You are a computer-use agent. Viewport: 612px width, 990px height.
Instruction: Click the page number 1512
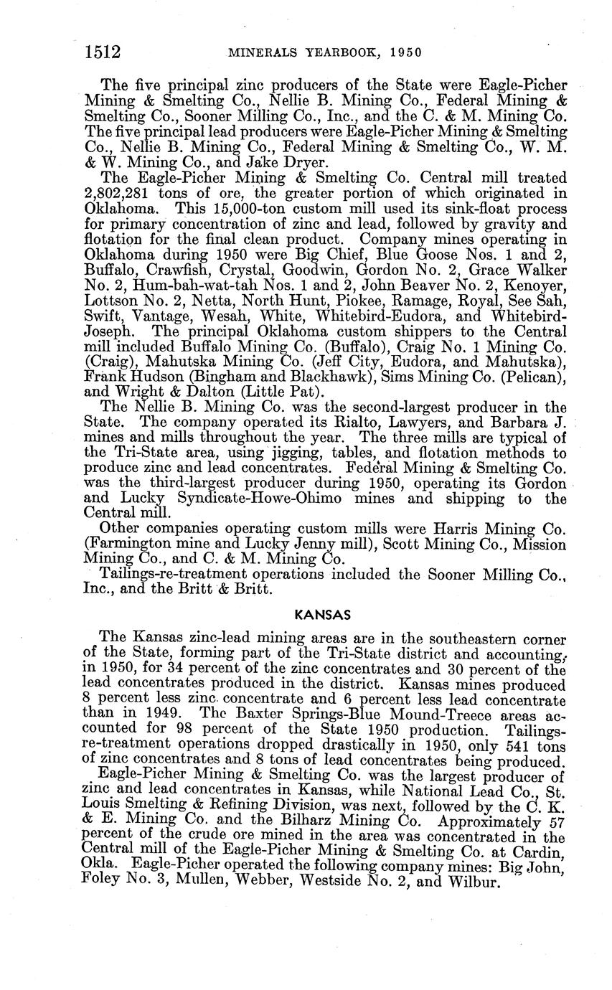coord(101,52)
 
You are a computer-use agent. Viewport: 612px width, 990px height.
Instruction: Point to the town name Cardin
coord(544,852)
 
